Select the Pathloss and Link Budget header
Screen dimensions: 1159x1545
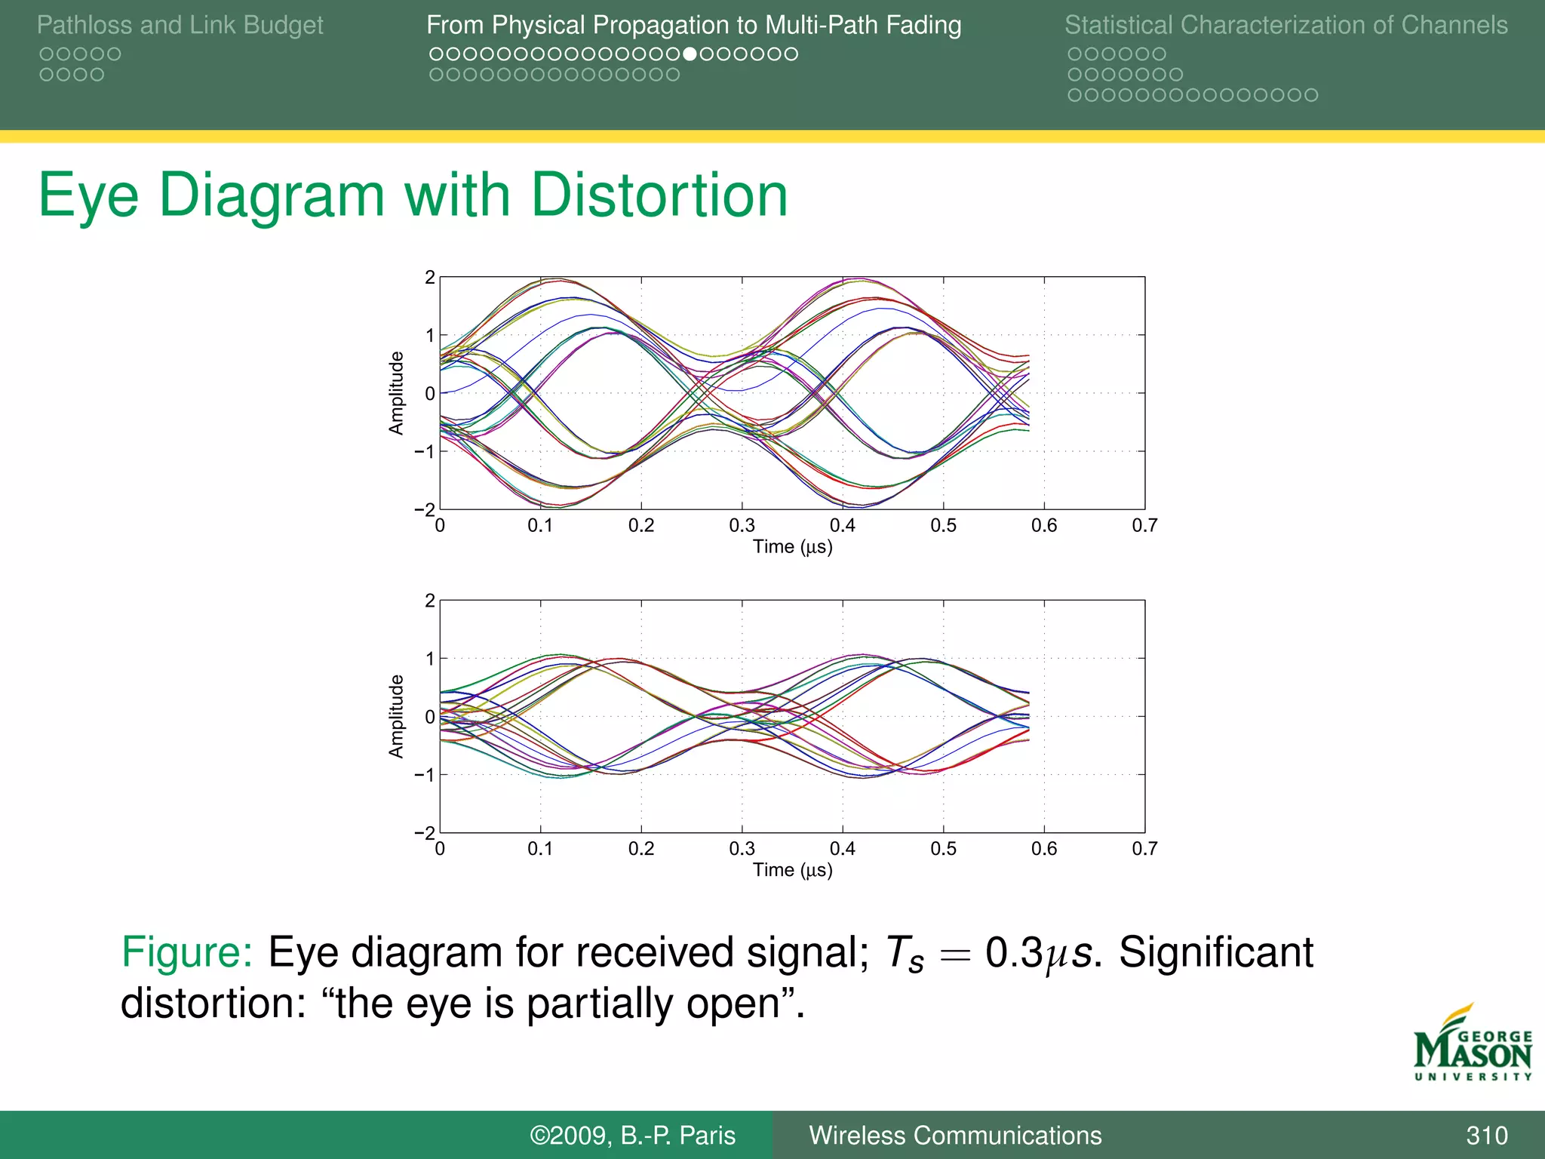tap(180, 25)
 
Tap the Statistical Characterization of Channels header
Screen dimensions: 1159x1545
tap(1285, 25)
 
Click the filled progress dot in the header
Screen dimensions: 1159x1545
tap(689, 54)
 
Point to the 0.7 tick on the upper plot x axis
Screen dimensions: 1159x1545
tap(1144, 526)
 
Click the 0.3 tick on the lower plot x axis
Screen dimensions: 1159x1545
tap(742, 849)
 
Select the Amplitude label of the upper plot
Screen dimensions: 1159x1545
tap(396, 393)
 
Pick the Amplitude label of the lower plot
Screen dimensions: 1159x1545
tap(396, 716)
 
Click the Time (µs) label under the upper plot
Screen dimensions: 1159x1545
tap(792, 547)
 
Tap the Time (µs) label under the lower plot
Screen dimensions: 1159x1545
tap(792, 870)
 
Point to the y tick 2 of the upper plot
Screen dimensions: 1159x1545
tap(429, 278)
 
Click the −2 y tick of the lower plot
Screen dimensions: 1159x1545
tap(425, 833)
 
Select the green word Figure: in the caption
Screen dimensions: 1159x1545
tap(186, 952)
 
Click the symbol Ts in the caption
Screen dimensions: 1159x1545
tap(904, 954)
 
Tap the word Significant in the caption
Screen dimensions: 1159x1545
tap(1215, 952)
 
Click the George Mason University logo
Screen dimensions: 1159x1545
tap(1473, 1044)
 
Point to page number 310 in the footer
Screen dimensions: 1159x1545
tap(1486, 1136)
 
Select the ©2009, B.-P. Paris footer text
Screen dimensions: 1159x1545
tap(632, 1136)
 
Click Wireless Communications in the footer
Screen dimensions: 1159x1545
tap(955, 1136)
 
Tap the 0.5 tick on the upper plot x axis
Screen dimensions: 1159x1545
tap(943, 526)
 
